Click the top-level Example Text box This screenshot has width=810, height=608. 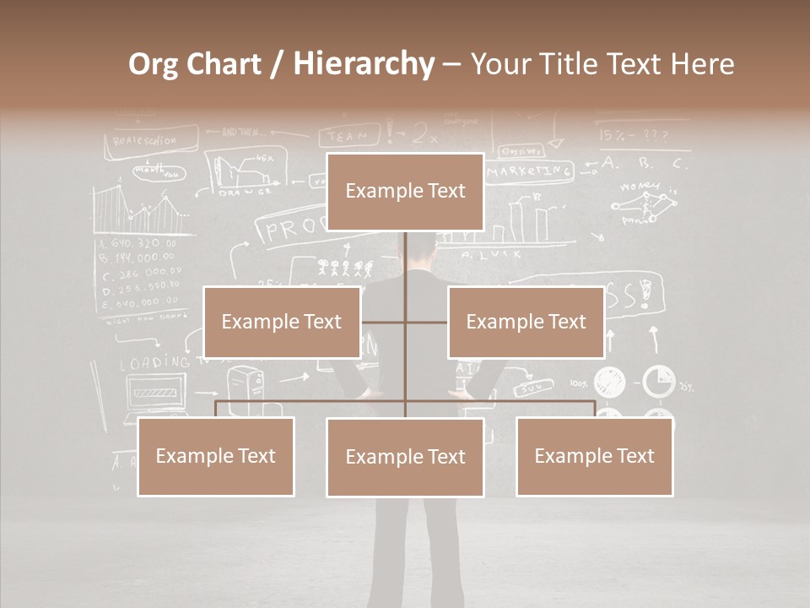click(405, 192)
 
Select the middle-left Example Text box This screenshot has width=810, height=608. click(282, 322)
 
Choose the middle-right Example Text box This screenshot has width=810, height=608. click(526, 322)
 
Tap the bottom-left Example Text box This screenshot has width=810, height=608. click(216, 456)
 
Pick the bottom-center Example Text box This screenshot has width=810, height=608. click(405, 457)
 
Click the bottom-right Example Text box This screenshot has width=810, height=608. click(594, 456)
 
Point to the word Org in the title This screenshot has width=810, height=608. click(154, 64)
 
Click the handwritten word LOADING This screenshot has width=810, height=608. click(154, 363)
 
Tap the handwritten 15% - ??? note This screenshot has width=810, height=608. click(633, 135)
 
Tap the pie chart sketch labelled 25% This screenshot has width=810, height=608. click(659, 382)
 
